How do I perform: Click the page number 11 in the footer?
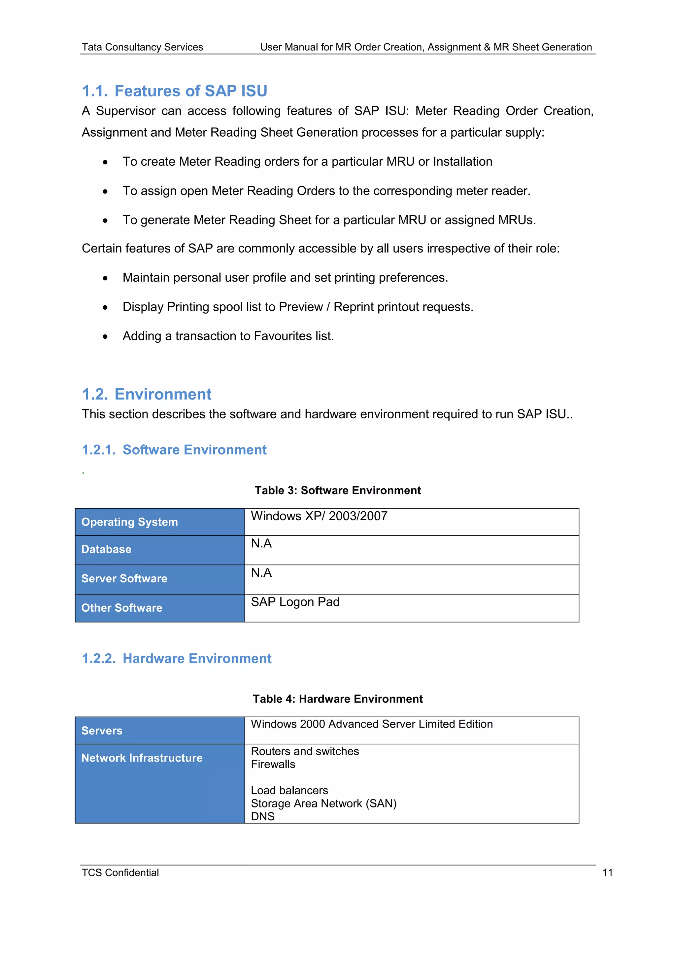click(x=607, y=873)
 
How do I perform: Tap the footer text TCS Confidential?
click(x=120, y=873)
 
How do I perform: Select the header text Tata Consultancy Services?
click(x=142, y=47)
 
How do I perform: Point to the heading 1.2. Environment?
click(x=147, y=394)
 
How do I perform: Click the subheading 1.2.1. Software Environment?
click(x=174, y=450)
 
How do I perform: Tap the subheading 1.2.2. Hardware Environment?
click(x=177, y=658)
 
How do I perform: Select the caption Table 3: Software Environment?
click(x=338, y=490)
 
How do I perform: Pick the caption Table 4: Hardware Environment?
click(x=338, y=699)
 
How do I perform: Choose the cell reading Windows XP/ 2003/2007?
click(x=319, y=516)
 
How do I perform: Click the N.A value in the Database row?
click(x=261, y=543)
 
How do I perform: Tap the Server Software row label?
click(x=124, y=578)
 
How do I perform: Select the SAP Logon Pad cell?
click(x=295, y=602)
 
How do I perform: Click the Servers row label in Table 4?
click(x=102, y=731)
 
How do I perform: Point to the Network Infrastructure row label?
click(x=142, y=758)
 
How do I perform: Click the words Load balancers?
click(x=289, y=790)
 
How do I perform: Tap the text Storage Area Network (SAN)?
click(x=323, y=803)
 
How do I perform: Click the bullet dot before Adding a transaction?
click(x=105, y=336)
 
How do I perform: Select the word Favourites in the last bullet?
click(x=283, y=336)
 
